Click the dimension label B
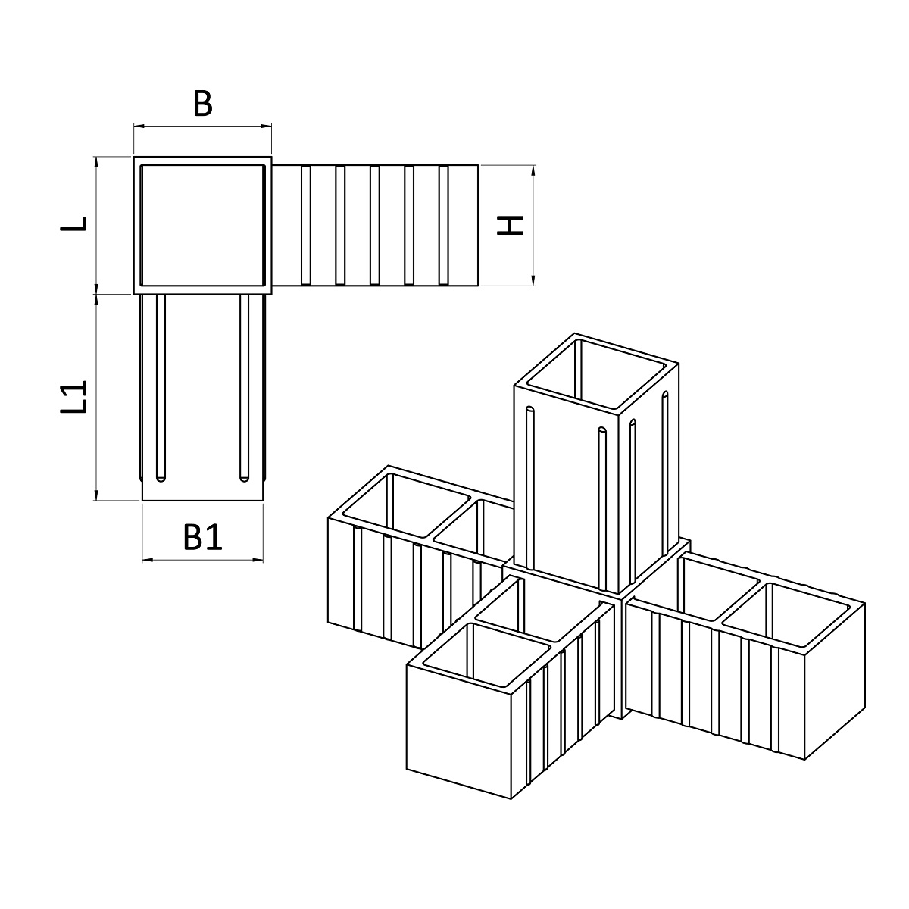(202, 104)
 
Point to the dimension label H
(511, 225)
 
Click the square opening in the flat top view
(202, 225)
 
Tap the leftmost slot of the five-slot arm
(306, 225)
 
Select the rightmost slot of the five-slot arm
(444, 225)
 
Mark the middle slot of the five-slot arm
(375, 225)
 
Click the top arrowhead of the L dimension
(96, 161)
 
